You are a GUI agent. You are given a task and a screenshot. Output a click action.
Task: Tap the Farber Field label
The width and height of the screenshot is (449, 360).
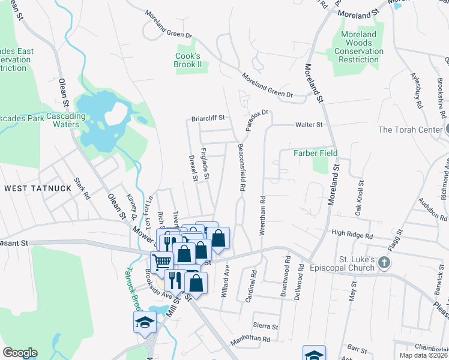[x=315, y=153]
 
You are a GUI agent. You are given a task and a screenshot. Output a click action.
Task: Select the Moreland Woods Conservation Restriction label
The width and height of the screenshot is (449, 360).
[x=359, y=47]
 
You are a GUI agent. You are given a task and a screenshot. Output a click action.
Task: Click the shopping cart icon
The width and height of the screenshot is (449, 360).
[x=161, y=262]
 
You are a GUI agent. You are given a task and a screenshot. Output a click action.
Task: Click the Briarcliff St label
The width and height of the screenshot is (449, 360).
[x=208, y=118]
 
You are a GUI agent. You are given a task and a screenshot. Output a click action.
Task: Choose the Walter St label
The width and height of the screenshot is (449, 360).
[x=309, y=125]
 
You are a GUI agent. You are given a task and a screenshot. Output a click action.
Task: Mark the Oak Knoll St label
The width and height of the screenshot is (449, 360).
[x=359, y=199]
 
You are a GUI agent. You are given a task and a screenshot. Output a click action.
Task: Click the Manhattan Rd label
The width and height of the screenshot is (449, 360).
[x=250, y=339]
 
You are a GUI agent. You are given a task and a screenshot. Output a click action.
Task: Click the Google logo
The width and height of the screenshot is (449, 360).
[x=20, y=353]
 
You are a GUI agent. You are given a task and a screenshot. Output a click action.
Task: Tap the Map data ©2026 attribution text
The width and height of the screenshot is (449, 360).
[x=423, y=355]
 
